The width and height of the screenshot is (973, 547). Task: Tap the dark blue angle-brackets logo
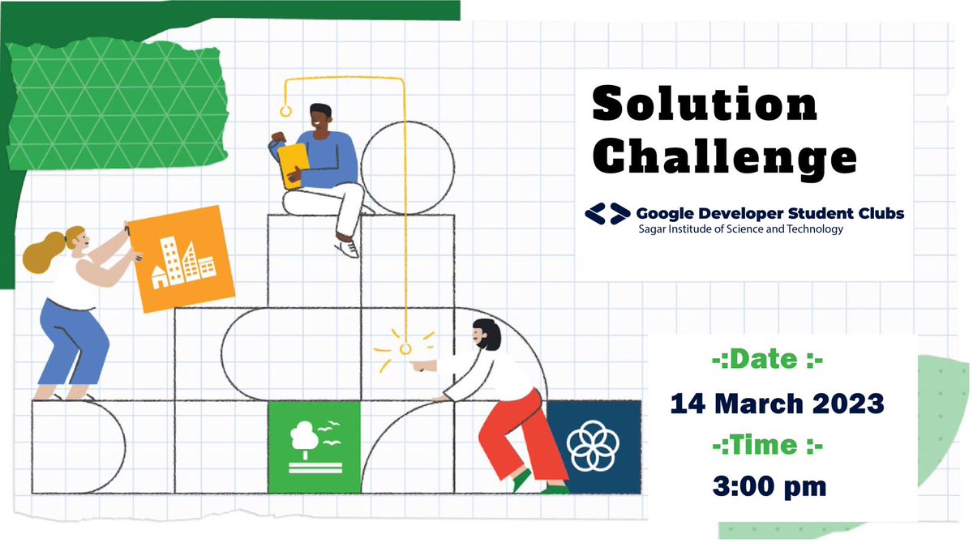(x=607, y=214)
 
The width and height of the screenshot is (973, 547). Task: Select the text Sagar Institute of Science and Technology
(x=739, y=229)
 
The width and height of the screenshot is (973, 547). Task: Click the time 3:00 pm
(x=770, y=486)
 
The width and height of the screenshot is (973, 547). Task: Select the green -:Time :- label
(x=766, y=445)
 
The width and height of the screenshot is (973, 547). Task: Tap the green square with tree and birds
(x=314, y=447)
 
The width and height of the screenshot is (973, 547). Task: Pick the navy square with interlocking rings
(x=593, y=447)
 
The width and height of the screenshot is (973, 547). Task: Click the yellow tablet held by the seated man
(x=289, y=165)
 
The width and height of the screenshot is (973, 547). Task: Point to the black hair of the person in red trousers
(x=485, y=332)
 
